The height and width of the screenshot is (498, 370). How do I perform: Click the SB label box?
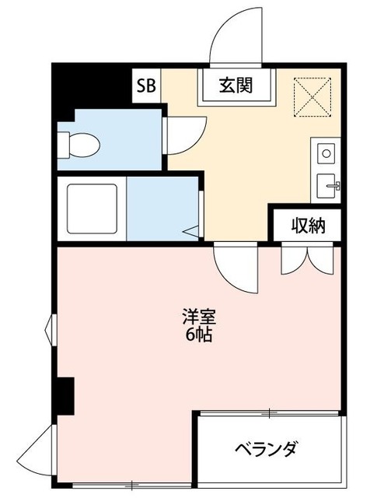coord(145,86)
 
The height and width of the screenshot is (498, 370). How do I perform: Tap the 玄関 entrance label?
coord(236,86)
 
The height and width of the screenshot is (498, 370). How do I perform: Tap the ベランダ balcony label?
coord(266,450)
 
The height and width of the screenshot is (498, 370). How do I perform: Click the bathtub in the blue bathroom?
coord(92,209)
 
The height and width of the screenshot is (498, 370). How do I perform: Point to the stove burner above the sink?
coord(326,153)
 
